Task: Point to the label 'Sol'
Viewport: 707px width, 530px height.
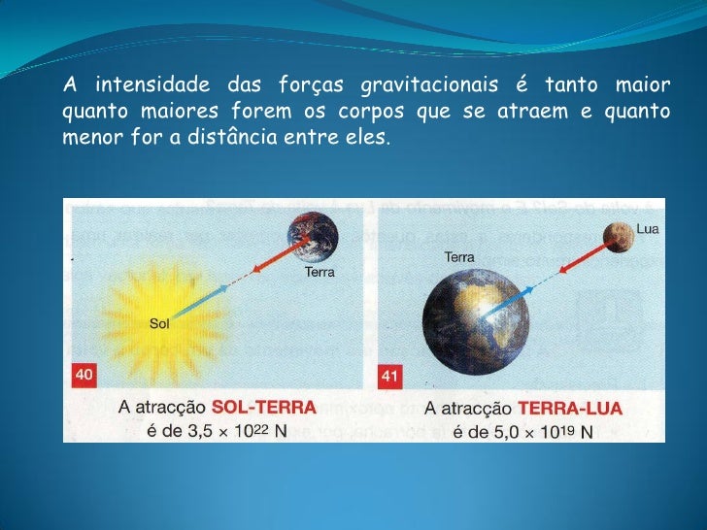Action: click(159, 324)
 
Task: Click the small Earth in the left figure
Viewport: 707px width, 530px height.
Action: click(312, 237)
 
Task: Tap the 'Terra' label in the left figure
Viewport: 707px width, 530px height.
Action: click(320, 273)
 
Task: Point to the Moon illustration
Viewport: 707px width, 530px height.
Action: click(617, 234)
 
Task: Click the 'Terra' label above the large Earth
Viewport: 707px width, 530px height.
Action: click(459, 257)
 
